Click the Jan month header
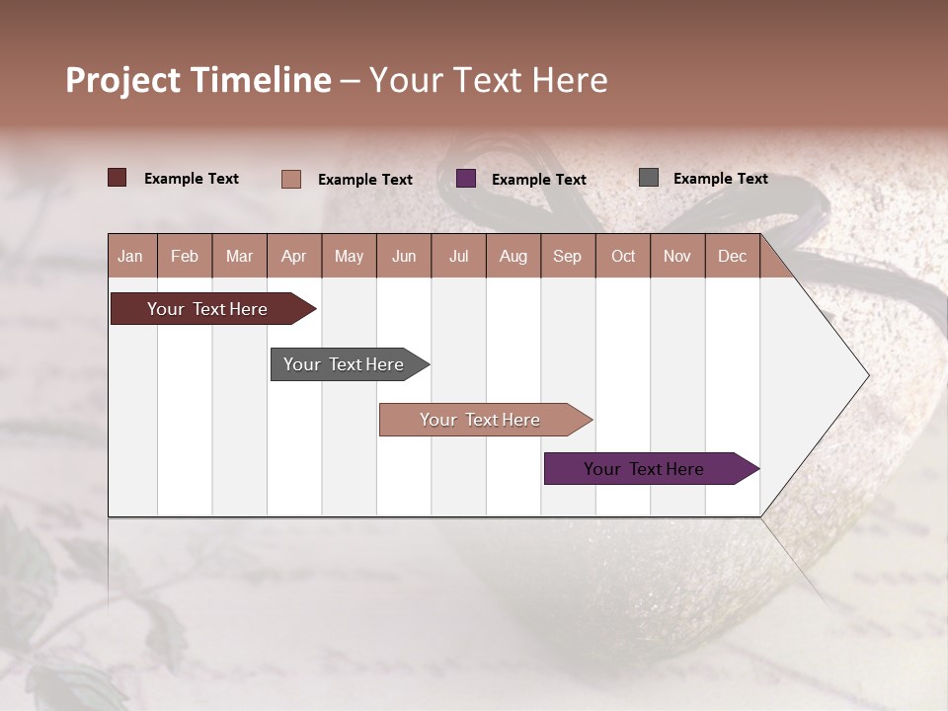(x=131, y=256)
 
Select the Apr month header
(x=294, y=256)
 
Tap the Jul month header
(x=458, y=256)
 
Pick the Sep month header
(x=568, y=256)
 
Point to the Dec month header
(x=732, y=256)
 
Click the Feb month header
(x=185, y=256)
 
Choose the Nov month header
(x=677, y=256)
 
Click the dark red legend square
(x=118, y=178)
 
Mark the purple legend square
(x=466, y=178)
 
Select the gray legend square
(x=649, y=178)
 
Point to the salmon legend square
(x=291, y=179)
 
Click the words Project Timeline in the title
(x=197, y=80)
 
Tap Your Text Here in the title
(x=488, y=80)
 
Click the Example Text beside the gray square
(x=720, y=179)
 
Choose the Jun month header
(x=404, y=256)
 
